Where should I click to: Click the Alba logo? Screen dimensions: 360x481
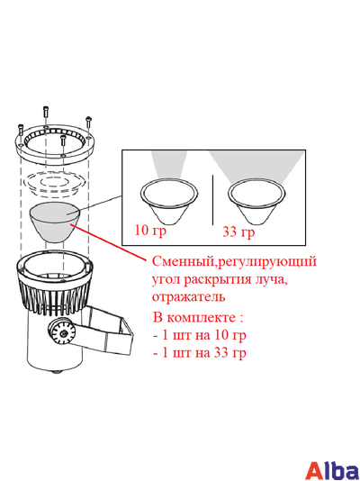click(x=333, y=469)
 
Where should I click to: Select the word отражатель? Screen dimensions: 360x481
click(x=189, y=297)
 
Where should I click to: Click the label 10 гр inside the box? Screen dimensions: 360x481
click(x=150, y=230)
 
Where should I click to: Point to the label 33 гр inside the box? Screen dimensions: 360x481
click(x=238, y=231)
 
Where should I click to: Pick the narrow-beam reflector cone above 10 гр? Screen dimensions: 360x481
click(x=169, y=202)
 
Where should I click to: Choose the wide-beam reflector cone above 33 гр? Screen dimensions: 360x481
click(x=256, y=202)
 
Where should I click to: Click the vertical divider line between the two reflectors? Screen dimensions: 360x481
click(x=212, y=200)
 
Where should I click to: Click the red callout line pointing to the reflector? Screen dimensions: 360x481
click(x=109, y=243)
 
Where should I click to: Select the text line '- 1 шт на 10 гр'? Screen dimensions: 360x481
click(x=200, y=335)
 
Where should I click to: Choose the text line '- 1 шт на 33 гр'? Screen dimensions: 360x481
click(x=200, y=353)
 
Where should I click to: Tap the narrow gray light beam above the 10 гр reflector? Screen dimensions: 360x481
click(x=169, y=165)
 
